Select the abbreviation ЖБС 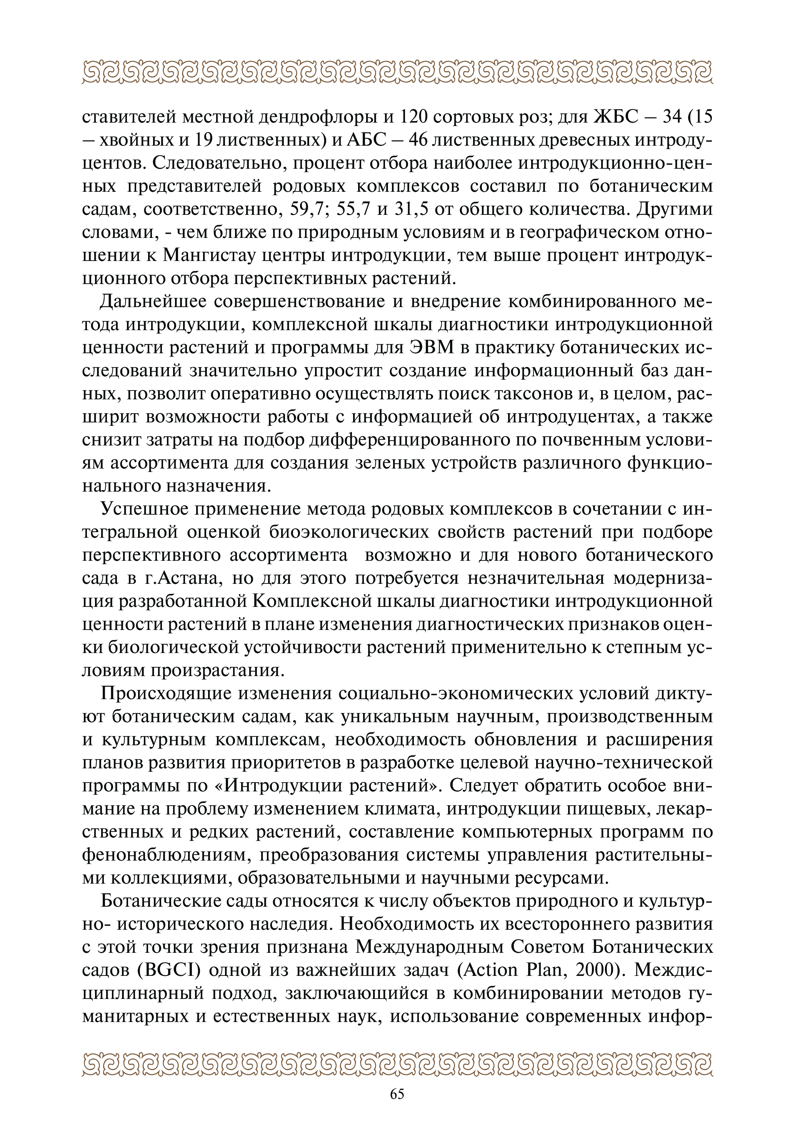(612, 117)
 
